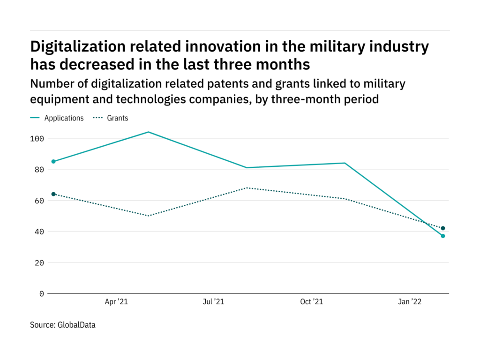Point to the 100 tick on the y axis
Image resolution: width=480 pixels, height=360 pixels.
pos(37,139)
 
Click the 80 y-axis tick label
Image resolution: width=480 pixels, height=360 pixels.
pos(39,170)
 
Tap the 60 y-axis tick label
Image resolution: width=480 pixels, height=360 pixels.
pos(39,201)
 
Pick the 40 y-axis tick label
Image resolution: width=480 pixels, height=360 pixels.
pos(39,232)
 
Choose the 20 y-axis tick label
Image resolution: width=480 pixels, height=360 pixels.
pos(39,262)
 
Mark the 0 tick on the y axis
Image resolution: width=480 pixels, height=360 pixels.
pos(42,293)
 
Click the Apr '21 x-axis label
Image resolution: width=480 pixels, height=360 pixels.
pos(116,302)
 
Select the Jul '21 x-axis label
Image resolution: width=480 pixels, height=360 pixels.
pos(213,302)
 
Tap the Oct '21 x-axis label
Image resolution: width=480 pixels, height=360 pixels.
pos(312,302)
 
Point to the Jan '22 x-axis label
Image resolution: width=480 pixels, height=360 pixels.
pos(410,302)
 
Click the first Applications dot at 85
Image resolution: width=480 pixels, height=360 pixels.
pos(53,161)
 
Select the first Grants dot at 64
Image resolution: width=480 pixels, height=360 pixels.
pos(53,194)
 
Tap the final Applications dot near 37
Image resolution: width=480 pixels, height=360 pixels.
pos(442,236)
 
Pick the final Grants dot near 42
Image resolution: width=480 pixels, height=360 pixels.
pos(442,228)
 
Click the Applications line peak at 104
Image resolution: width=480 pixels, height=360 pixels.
pos(149,132)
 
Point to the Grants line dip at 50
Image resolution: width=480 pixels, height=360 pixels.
pos(149,216)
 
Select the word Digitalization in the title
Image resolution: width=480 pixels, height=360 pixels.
pos(77,47)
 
